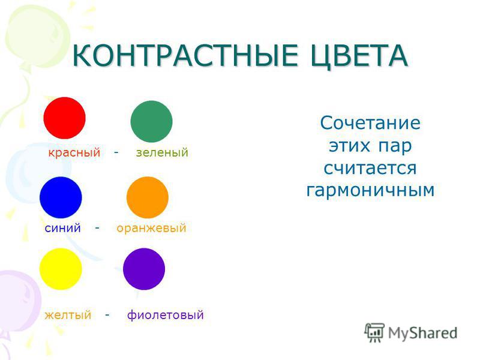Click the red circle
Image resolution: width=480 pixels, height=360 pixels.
tap(65, 118)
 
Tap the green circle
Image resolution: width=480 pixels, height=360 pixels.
tap(152, 122)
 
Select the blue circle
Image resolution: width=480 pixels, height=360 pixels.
tap(61, 197)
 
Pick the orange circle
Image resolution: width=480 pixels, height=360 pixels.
tap(148, 197)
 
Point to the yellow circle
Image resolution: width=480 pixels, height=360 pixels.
tap(61, 269)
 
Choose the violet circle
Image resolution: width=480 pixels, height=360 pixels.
tap(144, 269)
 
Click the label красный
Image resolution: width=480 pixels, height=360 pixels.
tap(74, 152)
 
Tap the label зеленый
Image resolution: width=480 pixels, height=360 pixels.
tap(162, 152)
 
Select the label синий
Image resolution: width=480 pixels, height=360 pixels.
tap(63, 228)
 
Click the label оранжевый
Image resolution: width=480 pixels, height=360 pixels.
tap(152, 229)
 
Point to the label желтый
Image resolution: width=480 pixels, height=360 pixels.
tap(68, 314)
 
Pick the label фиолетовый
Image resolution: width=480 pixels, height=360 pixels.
tap(166, 314)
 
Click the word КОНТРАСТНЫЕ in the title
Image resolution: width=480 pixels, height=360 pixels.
tap(185, 55)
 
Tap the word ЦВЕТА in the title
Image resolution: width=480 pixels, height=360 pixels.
tap(359, 56)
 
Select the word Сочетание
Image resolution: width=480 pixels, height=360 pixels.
tap(370, 123)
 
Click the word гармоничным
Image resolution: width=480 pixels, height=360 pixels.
tap(370, 191)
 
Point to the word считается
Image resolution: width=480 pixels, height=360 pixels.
tap(370, 168)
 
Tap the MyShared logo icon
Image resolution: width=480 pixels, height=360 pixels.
tap(374, 332)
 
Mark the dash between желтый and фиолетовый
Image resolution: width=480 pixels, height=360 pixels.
tap(107, 314)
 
